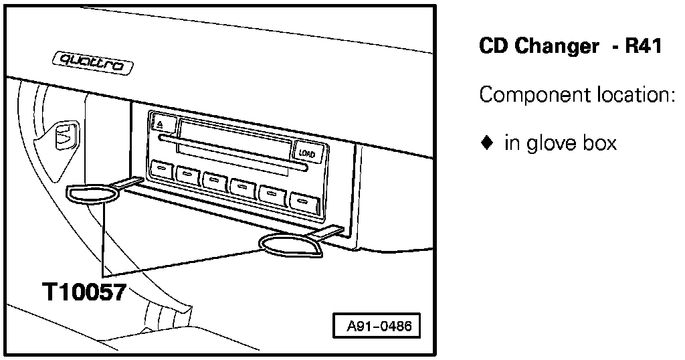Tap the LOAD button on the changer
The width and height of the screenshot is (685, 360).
pyautogui.click(x=308, y=153)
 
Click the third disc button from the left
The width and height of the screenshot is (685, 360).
pyautogui.click(x=215, y=181)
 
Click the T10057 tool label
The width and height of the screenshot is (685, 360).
pyautogui.click(x=83, y=293)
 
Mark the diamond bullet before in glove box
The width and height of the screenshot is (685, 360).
pyautogui.click(x=486, y=143)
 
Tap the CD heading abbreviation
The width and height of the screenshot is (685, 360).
pyautogui.click(x=493, y=47)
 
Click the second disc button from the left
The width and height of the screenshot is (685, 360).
pyautogui.click(x=187, y=175)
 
